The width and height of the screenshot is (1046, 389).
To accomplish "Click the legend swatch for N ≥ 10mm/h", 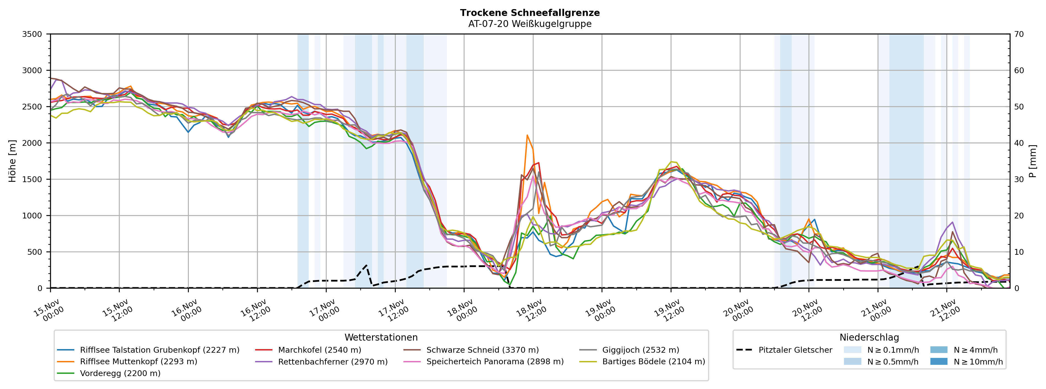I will pos(938,361).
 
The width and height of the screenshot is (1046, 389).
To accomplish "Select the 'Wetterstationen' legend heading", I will pos(381,338).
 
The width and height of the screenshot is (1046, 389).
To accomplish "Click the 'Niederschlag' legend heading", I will pos(869,338).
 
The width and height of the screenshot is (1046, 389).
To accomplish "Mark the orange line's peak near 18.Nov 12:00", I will pos(527,135).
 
